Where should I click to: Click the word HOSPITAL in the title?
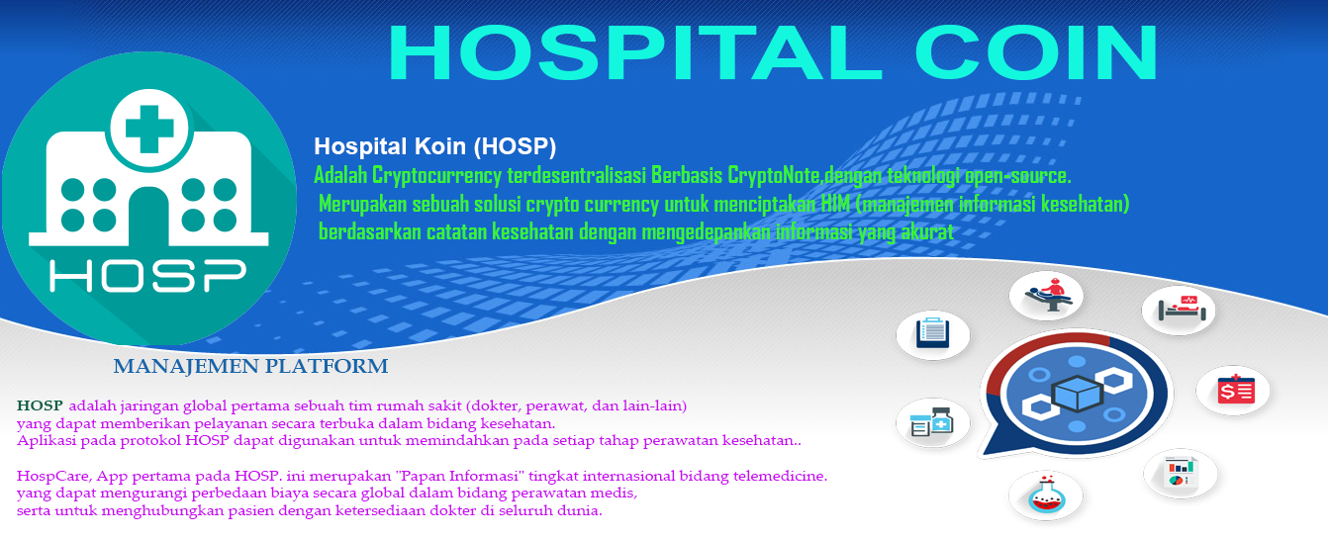(x=635, y=51)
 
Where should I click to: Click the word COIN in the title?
(x=1037, y=51)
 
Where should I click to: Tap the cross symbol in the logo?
(x=148, y=129)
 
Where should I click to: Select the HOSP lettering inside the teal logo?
(x=147, y=275)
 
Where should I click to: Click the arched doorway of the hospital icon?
(x=148, y=217)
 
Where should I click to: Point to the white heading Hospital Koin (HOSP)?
(x=435, y=146)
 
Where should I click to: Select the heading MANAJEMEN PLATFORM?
(x=250, y=366)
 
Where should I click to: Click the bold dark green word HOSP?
(x=40, y=405)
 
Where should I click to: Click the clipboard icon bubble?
(x=932, y=334)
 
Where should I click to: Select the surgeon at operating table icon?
(x=1046, y=295)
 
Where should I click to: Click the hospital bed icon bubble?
(x=1178, y=310)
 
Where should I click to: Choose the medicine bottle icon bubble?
(x=932, y=422)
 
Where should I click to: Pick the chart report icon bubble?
(x=1181, y=474)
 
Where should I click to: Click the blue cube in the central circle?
(x=1077, y=394)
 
